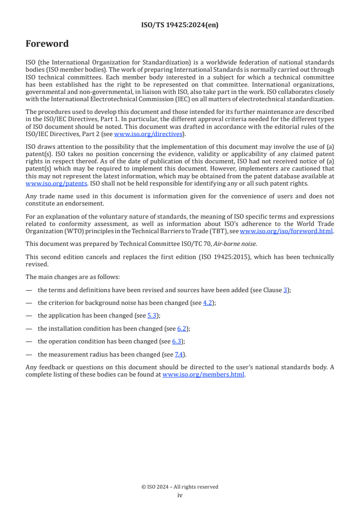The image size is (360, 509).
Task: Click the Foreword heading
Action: click(47, 44)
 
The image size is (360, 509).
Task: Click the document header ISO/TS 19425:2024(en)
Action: click(180, 25)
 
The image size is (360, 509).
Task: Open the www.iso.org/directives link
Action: click(148, 134)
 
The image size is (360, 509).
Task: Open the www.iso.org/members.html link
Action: click(203, 375)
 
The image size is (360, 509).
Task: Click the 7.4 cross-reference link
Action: click(179, 354)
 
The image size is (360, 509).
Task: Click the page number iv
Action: click(180, 495)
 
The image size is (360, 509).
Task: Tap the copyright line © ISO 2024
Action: click(180, 487)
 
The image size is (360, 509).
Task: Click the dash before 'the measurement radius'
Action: click(29, 354)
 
